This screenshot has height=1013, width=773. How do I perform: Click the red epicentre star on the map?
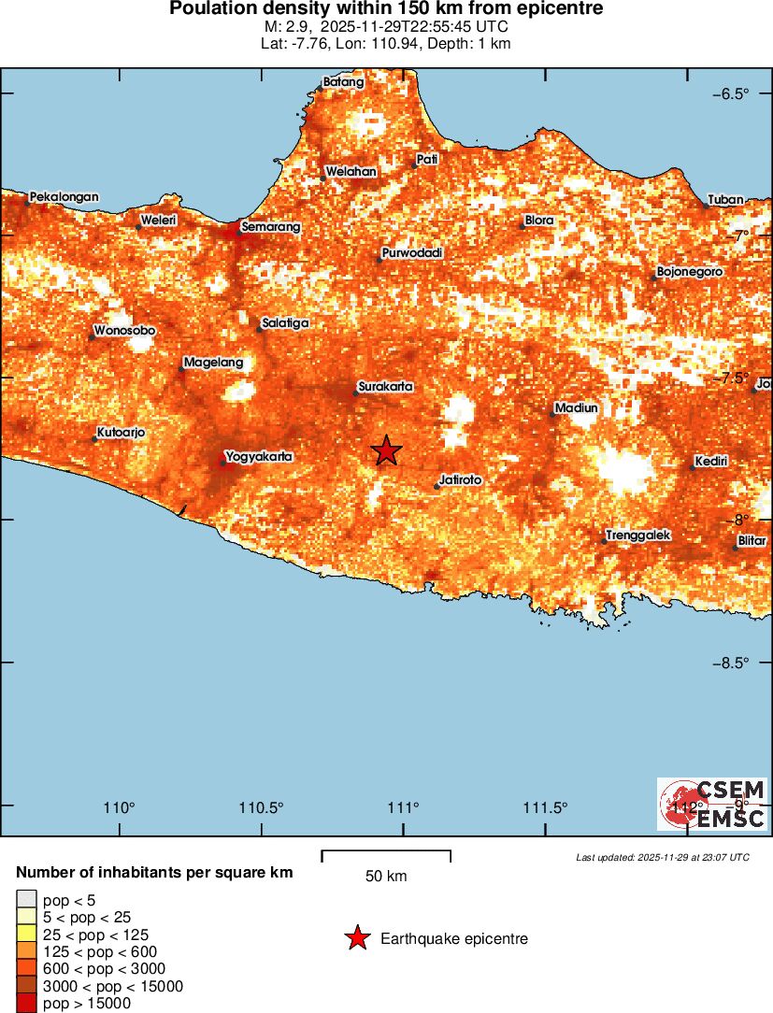[x=387, y=450]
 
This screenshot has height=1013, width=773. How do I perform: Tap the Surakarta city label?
[x=385, y=387]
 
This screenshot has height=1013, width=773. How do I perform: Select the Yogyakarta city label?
[x=260, y=457]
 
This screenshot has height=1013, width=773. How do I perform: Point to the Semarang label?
[x=270, y=226]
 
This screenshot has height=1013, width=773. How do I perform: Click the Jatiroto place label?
[x=461, y=479]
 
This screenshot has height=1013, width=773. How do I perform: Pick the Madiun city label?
[x=576, y=408]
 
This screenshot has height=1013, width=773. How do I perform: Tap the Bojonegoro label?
[x=690, y=272]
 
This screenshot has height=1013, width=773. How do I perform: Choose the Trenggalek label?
[x=638, y=535]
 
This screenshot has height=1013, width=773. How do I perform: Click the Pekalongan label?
[x=64, y=197]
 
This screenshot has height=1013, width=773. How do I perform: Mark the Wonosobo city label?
[x=124, y=331]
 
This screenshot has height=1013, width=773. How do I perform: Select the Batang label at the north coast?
[x=343, y=82]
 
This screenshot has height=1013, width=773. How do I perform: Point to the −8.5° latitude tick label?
[x=731, y=663]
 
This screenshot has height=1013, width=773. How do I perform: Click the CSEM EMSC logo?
[x=712, y=804]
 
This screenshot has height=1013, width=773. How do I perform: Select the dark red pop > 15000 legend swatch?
[x=24, y=1004]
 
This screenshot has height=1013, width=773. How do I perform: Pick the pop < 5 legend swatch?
[x=24, y=901]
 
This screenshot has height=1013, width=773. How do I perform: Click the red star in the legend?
[x=356, y=938]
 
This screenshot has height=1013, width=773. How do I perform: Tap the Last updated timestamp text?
[x=662, y=857]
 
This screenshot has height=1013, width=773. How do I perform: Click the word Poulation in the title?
[x=212, y=9]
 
